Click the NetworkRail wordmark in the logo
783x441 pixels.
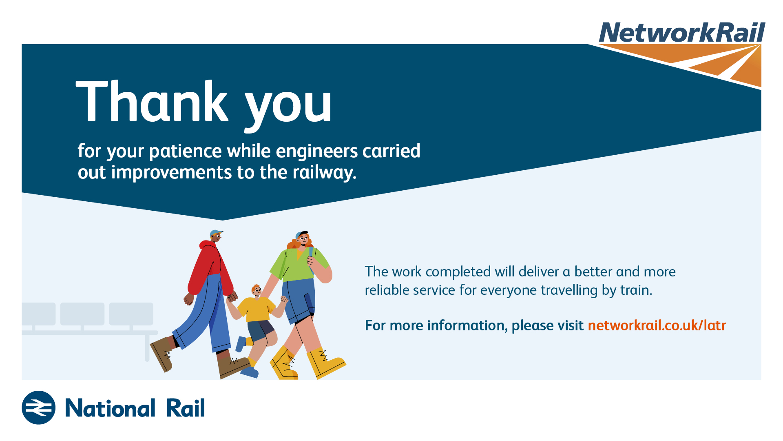[682, 32]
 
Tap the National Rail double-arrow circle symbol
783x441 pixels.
[39, 408]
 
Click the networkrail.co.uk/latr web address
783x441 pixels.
[657, 325]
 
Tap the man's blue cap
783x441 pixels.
[216, 233]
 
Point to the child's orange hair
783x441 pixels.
[256, 288]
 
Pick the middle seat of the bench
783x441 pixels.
[82, 314]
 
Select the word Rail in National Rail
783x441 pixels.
[186, 408]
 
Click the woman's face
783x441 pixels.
[303, 238]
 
